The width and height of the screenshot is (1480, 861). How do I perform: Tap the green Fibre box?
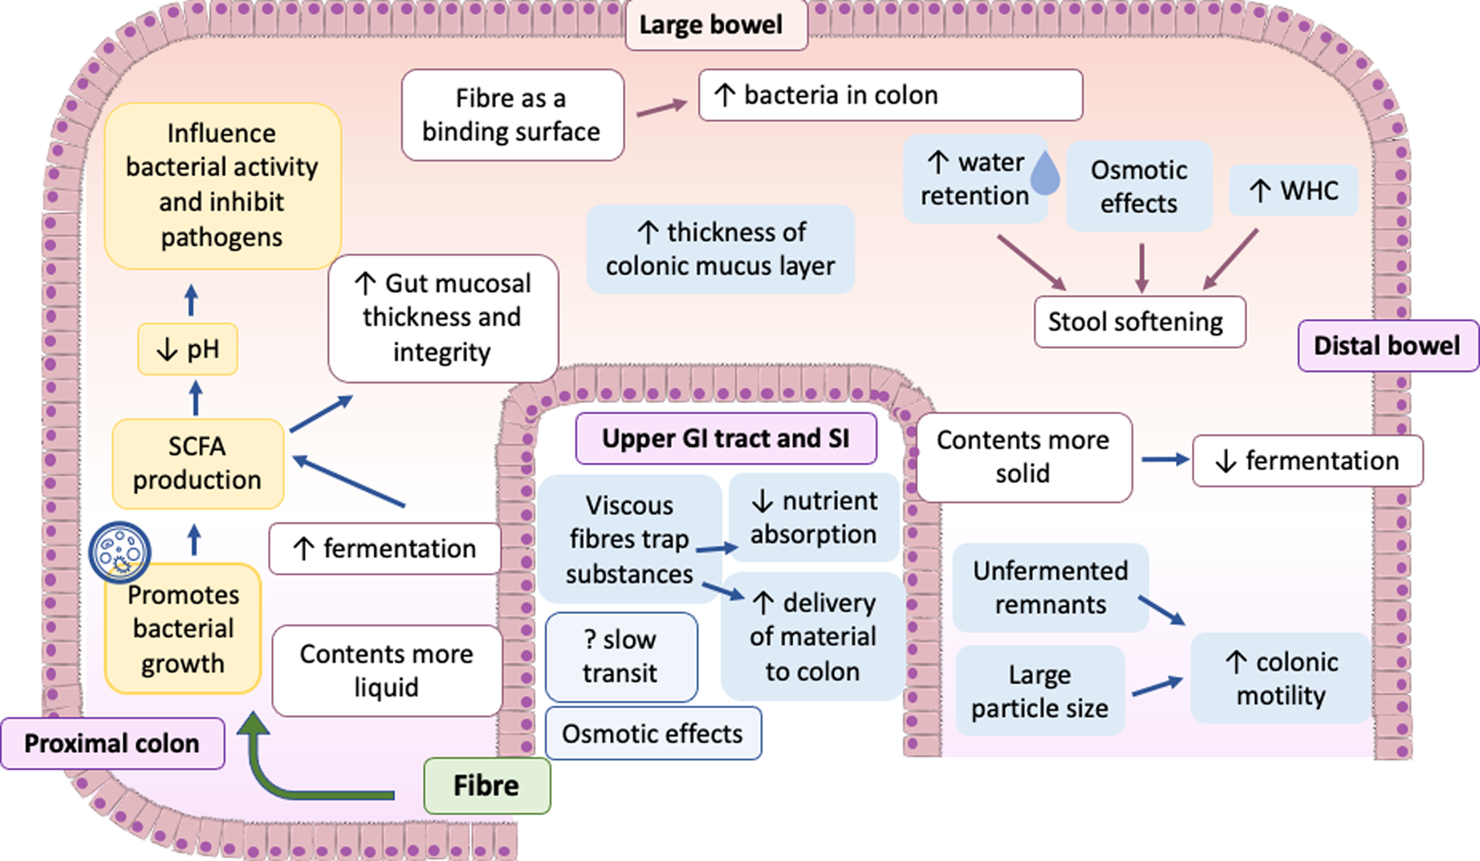coord(486,786)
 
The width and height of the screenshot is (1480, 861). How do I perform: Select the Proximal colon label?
coord(112,743)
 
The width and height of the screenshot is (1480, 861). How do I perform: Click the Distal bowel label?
coord(1386,346)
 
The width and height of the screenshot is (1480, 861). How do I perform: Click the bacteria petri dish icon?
coord(120,552)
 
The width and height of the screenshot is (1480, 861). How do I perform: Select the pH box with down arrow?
coord(188,349)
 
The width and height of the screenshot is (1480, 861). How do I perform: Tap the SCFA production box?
coord(197,463)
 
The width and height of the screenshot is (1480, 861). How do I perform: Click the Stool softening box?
coord(1139,322)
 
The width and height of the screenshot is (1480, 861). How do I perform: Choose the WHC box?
coord(1292,190)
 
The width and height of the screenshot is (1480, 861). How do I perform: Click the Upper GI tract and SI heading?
coord(726,438)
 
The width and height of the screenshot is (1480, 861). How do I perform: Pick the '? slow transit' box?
coord(620,656)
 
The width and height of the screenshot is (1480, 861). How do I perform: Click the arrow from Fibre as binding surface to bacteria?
coord(661,108)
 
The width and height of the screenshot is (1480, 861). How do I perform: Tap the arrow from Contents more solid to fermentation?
coord(1164,459)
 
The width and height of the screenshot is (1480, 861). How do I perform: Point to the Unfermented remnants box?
coord(1050,587)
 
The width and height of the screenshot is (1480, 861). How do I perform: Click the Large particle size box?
coord(1039,691)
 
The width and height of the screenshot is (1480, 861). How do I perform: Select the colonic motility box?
coord(1280,678)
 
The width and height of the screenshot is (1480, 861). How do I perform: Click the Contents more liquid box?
coord(386,670)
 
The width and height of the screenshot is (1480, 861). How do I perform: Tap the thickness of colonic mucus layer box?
coord(720,249)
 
